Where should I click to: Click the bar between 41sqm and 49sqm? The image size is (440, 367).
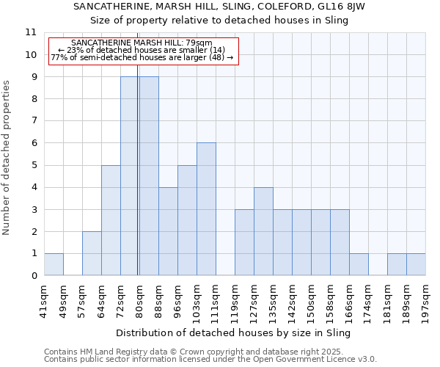tap(54, 264)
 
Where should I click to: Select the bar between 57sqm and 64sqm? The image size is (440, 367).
tap(92, 253)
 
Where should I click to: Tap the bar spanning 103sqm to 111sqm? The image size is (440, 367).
tap(206, 209)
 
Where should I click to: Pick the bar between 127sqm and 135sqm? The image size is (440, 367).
tap(263, 231)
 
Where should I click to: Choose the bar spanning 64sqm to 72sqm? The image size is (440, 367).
tap(111, 220)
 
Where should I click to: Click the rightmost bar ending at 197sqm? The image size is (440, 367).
tap(416, 264)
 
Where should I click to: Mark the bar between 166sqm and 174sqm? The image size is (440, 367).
tap(359, 264)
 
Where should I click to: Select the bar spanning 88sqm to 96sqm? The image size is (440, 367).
tap(168, 231)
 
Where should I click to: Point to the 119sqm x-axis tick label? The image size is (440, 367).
tap(235, 300)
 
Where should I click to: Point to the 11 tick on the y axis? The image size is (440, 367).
tap(31, 32)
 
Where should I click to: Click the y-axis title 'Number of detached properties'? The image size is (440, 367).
tap(7, 157)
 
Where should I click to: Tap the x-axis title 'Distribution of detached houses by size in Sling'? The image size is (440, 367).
tap(234, 333)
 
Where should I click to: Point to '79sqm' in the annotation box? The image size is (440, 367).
tap(199, 43)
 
